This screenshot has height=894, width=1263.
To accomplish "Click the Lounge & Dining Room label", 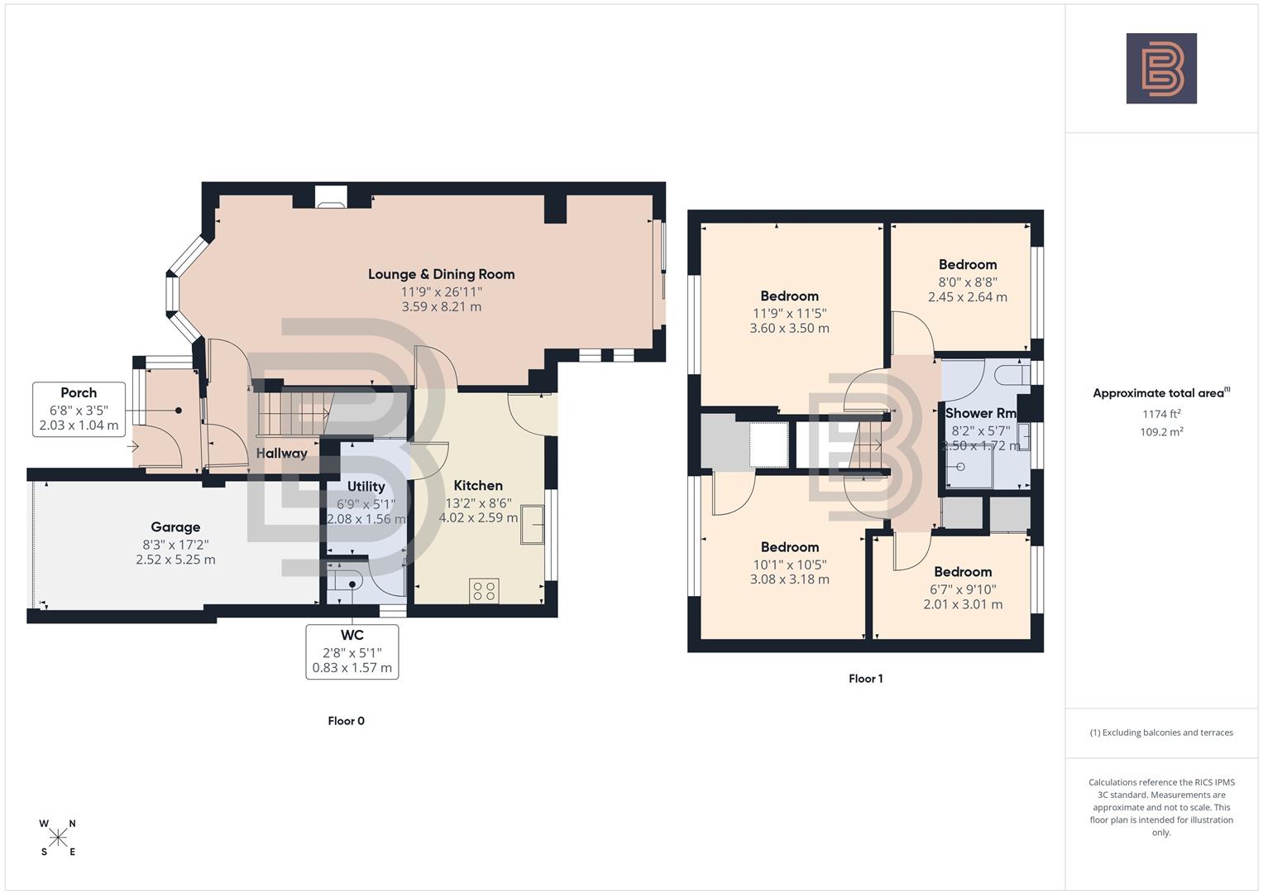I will click(441, 274).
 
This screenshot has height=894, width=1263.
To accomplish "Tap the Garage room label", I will click(175, 527).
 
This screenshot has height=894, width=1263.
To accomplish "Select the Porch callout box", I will click(79, 409).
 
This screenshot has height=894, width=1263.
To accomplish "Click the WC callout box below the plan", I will click(352, 651).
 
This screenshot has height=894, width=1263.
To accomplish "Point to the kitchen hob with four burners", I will click(484, 591).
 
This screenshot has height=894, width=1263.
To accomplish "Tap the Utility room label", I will click(366, 487).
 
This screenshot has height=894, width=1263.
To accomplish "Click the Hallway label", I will click(281, 454).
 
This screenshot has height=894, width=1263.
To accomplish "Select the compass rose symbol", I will click(58, 838).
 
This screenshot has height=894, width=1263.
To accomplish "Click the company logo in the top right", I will click(1161, 69).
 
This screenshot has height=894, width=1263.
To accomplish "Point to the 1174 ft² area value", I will click(1161, 414).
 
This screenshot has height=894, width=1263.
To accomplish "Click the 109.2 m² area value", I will click(1161, 431).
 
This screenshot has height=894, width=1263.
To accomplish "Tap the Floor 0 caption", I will click(346, 721).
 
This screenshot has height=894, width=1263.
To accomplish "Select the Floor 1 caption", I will click(865, 679).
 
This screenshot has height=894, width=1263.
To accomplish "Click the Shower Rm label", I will click(980, 413).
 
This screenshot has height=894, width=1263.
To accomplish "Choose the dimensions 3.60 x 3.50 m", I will click(789, 329).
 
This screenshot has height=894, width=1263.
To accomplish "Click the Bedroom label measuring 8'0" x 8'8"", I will click(967, 265).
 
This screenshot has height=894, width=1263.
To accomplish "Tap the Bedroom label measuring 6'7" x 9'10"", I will click(963, 572).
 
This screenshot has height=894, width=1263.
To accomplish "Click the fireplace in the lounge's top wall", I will click(331, 195).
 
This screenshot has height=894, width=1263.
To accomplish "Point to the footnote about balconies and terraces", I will click(1161, 733).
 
